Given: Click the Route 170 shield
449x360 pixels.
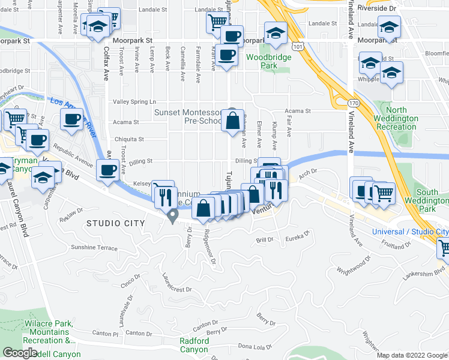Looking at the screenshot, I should click(355, 103).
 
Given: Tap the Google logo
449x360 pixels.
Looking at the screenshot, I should click(20, 353).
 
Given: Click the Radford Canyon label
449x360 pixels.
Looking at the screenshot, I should click(194, 346).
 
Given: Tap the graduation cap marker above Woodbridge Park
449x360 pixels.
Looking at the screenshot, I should click(276, 33).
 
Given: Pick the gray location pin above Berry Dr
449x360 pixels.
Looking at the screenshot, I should click(173, 215).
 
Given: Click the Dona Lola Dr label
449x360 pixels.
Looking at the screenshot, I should click(256, 346).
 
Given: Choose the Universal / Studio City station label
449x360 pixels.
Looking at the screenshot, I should click(410, 232).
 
